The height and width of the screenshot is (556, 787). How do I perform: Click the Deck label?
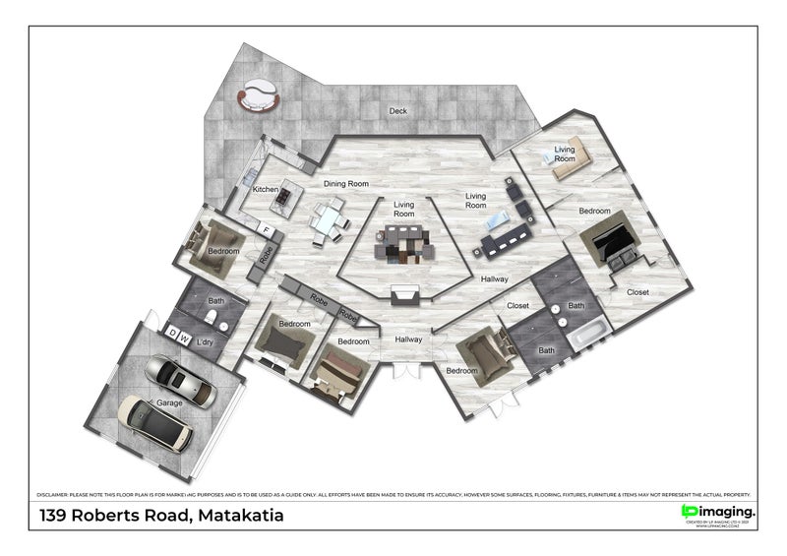397,111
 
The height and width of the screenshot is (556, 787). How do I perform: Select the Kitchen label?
266,189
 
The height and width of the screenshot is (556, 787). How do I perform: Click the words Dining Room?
346,183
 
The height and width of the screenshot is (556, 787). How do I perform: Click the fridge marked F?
266,231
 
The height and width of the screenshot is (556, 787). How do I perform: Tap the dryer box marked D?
173,335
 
